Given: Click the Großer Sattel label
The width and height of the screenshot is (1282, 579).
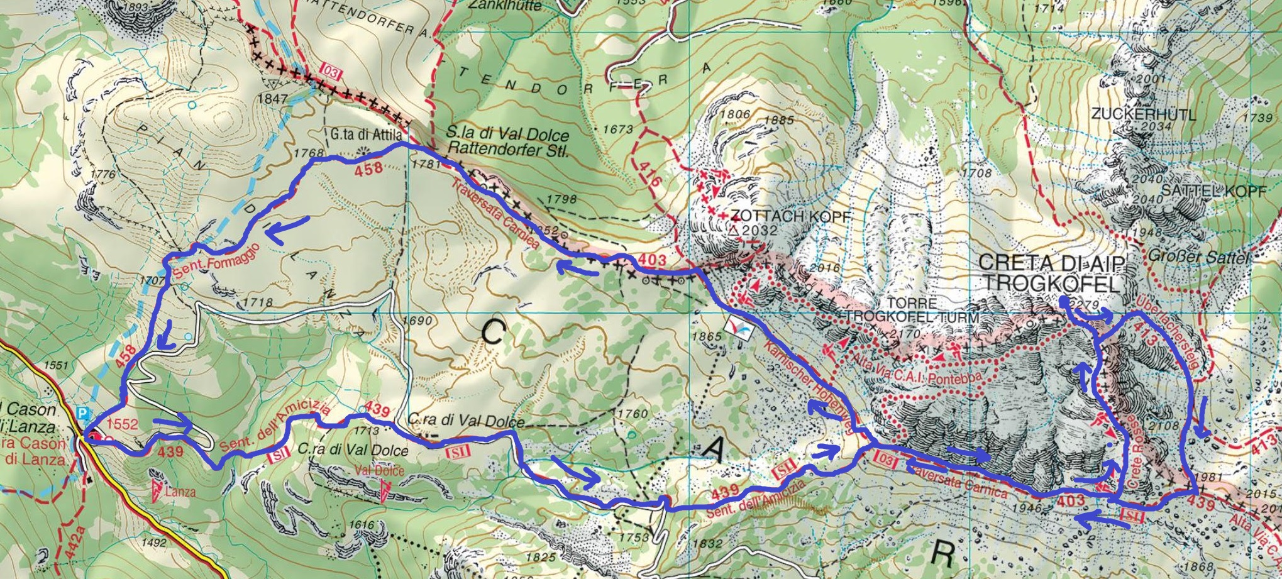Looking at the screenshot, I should [1188, 256].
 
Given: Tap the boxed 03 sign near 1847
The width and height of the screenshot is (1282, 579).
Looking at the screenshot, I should [331, 73].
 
